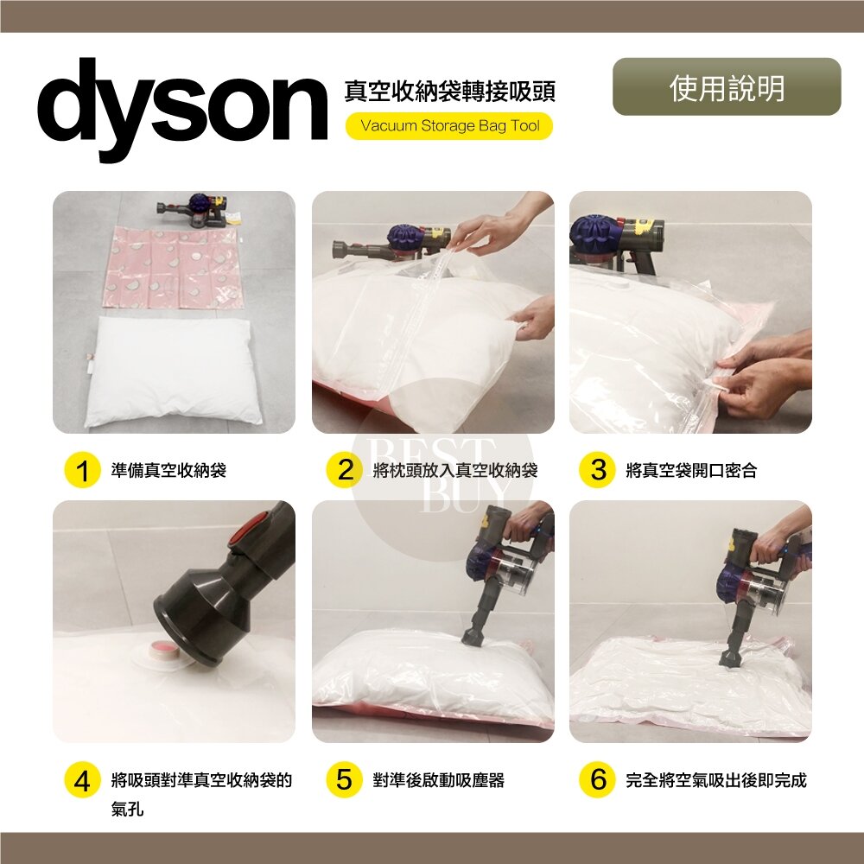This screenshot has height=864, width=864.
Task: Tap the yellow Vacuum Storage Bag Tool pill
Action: click(x=449, y=125)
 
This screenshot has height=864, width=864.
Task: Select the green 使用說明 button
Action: click(x=727, y=87)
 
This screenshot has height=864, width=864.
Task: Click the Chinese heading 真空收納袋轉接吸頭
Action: click(x=449, y=92)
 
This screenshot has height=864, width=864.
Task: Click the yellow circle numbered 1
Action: click(x=82, y=470)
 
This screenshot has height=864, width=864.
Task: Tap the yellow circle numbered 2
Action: click(x=345, y=470)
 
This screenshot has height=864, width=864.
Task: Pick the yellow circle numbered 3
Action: click(x=597, y=470)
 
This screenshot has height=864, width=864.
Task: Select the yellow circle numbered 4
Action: click(x=82, y=779)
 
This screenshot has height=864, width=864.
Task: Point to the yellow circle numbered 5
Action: click(x=345, y=779)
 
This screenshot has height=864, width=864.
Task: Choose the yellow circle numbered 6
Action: click(x=597, y=779)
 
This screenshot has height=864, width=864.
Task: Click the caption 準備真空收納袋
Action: click(x=168, y=471)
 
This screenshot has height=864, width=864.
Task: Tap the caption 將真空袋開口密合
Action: click(x=691, y=471)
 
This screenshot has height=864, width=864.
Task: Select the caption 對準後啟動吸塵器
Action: click(x=439, y=780)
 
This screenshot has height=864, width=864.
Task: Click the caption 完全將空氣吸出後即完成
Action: click(x=716, y=780)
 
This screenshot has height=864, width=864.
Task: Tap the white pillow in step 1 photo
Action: click(x=173, y=371)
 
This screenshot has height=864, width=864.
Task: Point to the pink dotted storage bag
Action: click(x=173, y=267)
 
